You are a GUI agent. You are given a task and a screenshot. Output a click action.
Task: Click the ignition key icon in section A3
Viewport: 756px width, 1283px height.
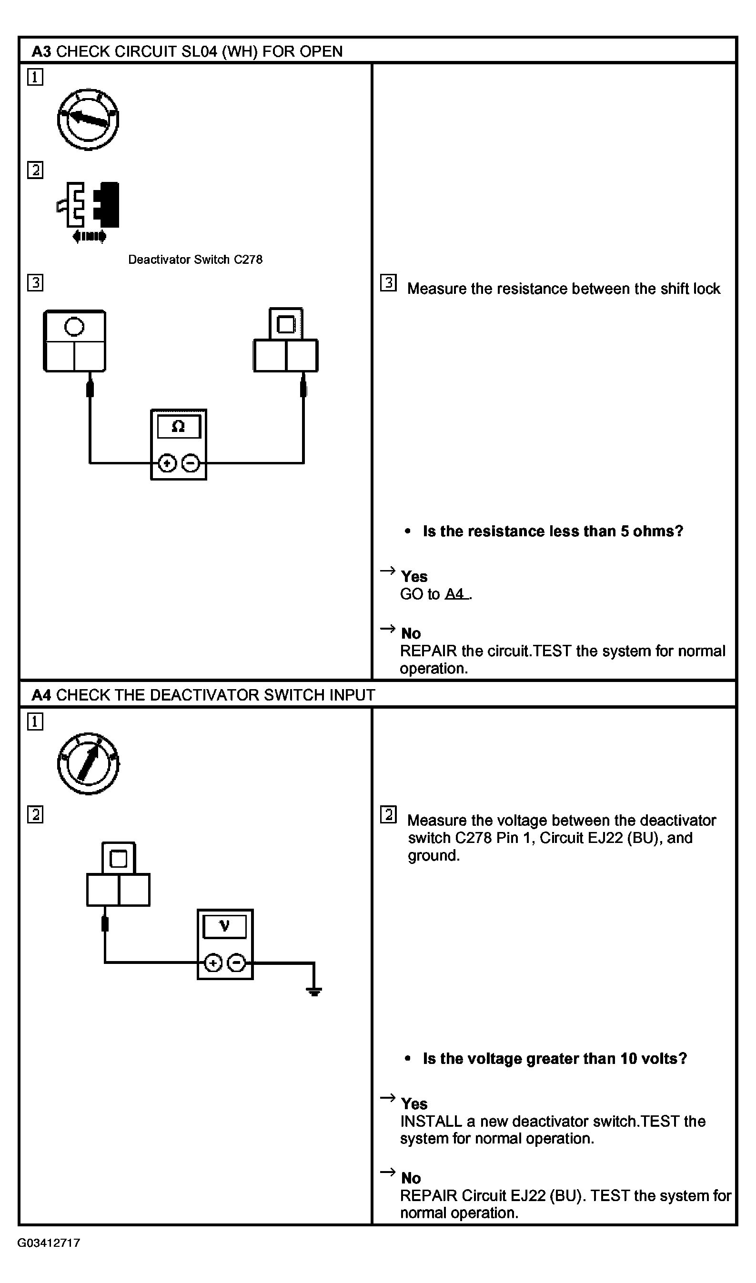coord(88,119)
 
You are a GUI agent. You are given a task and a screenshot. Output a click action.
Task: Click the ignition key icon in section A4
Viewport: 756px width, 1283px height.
coord(88,763)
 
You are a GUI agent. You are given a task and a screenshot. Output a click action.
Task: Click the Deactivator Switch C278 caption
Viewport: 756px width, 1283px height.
coord(195,260)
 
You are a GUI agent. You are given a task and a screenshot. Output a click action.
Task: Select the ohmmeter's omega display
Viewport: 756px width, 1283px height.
coord(179,427)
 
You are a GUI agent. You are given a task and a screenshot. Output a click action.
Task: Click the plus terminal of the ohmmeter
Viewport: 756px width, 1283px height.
coord(167,463)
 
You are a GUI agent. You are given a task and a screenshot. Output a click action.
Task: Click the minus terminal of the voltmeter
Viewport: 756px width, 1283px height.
coord(236,963)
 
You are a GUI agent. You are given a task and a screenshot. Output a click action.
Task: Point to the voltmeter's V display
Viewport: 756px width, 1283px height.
coord(225,927)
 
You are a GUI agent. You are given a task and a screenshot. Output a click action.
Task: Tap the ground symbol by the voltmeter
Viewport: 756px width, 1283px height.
coord(314,991)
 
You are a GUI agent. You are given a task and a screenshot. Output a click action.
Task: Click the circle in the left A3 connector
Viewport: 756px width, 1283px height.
coord(74,326)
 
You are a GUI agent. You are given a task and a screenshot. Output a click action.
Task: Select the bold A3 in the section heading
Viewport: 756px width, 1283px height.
coord(41,51)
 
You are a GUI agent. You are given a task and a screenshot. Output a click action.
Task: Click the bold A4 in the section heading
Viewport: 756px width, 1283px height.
coord(41,695)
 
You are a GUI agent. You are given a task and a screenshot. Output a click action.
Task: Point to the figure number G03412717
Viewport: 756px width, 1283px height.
coord(49,1243)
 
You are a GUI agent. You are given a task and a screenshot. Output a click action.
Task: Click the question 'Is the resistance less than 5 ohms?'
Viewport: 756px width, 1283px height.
coord(553,531)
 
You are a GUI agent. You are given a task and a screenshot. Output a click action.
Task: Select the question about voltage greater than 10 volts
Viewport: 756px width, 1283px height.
coord(555,1059)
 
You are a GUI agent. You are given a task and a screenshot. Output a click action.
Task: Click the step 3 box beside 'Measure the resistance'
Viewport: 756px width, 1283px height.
coord(388,282)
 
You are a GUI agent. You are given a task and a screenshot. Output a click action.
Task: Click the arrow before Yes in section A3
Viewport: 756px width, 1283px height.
coord(388,570)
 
